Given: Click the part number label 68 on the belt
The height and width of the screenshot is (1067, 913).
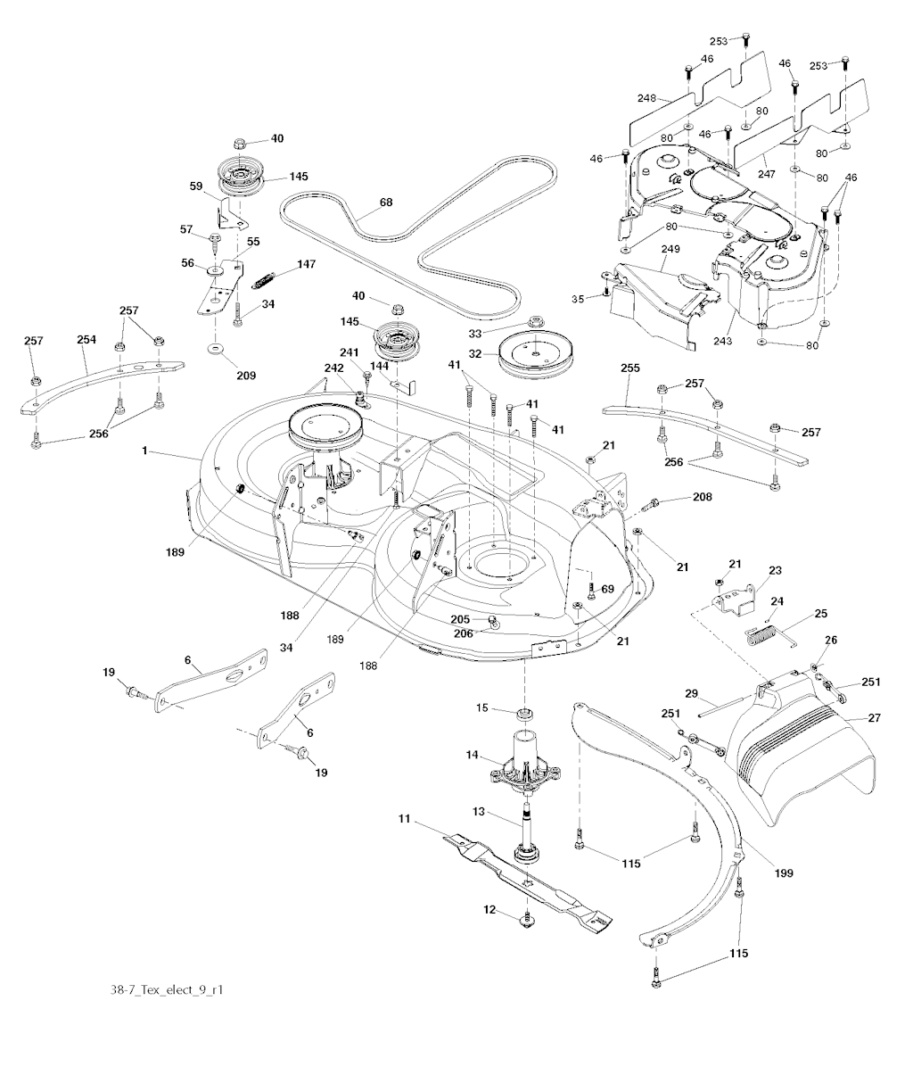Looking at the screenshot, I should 386,203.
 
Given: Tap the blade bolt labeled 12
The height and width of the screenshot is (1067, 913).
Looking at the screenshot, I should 526,917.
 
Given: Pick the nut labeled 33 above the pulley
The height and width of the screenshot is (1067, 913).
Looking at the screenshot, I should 536,320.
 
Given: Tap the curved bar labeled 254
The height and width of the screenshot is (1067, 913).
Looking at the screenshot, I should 98,379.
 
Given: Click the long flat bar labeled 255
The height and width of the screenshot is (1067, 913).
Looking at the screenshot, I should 704,432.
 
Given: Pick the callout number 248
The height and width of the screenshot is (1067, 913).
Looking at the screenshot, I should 646,97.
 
